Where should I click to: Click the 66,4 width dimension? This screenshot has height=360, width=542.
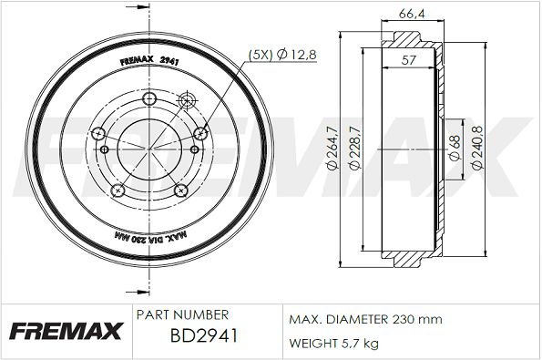click(x=412, y=14)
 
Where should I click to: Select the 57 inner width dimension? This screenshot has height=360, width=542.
click(x=408, y=60)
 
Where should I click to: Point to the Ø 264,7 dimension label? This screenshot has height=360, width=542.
click(x=332, y=148)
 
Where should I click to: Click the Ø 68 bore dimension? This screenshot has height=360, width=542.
click(x=455, y=148)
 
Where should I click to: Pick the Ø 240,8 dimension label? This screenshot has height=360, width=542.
click(x=477, y=148)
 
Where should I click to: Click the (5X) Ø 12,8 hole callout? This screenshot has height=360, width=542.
click(x=282, y=55)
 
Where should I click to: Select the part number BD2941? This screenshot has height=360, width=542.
click(x=204, y=335)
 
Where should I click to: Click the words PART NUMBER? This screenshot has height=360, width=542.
click(x=182, y=314)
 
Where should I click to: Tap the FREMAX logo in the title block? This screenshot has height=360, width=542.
click(x=66, y=331)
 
